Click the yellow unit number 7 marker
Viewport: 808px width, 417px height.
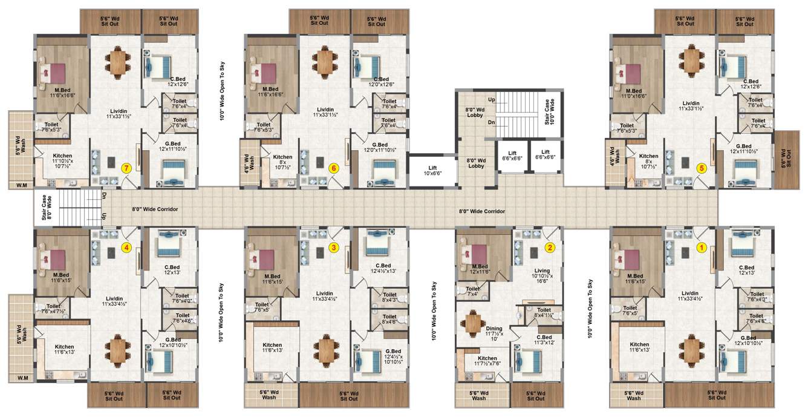126,168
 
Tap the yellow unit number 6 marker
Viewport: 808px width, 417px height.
333,168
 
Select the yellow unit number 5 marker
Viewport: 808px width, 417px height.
702,168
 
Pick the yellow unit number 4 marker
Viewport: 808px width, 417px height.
126,247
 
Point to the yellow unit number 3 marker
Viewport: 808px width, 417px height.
333,247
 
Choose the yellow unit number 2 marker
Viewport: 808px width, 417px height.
550,247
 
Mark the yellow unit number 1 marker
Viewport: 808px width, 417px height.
702,247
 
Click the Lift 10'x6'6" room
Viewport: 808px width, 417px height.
432,169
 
